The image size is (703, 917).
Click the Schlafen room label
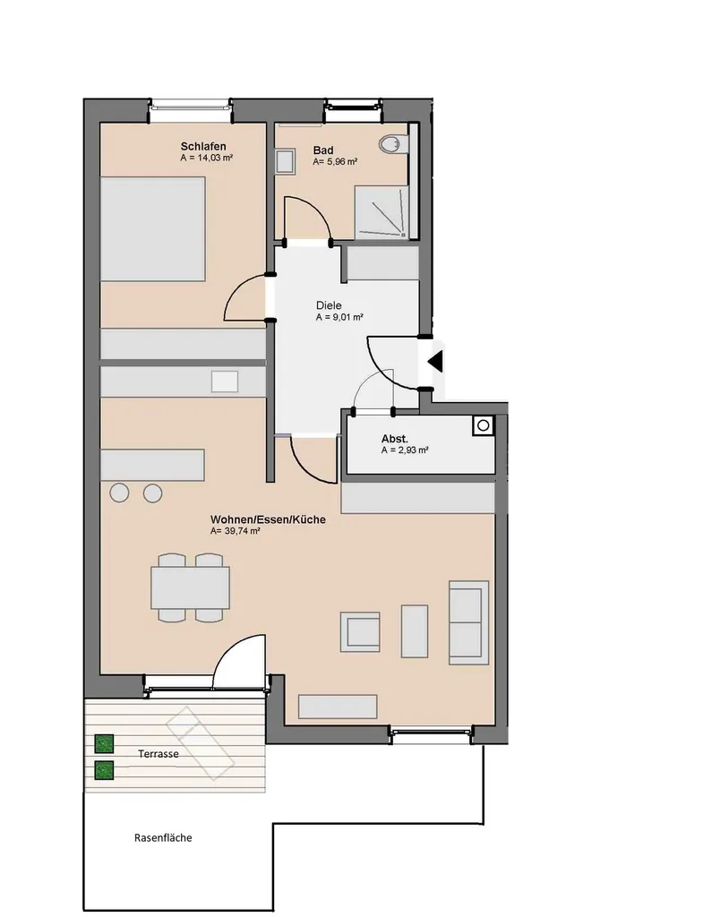click(203, 146)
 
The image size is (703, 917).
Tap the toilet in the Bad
click(392, 144)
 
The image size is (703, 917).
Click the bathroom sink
click(285, 161)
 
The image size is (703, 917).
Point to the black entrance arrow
click(436, 362)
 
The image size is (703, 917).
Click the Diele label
click(329, 305)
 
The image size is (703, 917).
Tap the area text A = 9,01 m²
click(339, 318)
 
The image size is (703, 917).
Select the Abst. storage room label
click(395, 439)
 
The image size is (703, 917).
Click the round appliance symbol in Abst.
click(483, 425)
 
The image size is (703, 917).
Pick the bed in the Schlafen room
click(152, 229)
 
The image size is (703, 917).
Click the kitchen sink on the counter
click(225, 381)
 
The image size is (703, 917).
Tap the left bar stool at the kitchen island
click(119, 493)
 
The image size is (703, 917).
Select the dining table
click(190, 587)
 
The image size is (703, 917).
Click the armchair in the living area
click(360, 631)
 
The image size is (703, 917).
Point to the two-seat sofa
click(468, 622)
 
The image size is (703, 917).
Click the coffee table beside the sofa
click(414, 631)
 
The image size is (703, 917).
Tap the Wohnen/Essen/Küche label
click(268, 519)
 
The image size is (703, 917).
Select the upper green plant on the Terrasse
click(104, 744)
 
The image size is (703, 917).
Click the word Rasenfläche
click(163, 837)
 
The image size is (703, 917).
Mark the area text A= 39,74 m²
click(236, 532)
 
